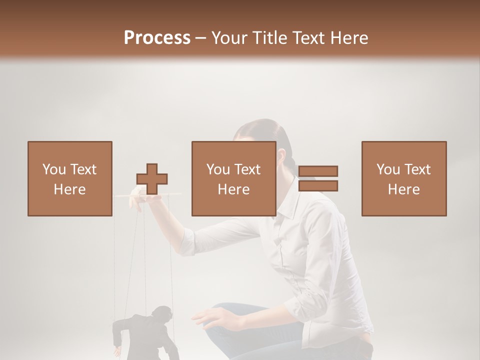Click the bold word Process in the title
pyautogui.click(x=157, y=38)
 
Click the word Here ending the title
pyautogui.click(x=348, y=38)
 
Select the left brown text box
pyautogui.click(x=69, y=178)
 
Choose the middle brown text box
pyautogui.click(x=233, y=178)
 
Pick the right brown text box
pyautogui.click(x=403, y=178)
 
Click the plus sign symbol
pyautogui.click(x=152, y=178)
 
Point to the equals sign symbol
pyautogui.click(x=318, y=178)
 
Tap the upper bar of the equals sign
pyautogui.click(x=318, y=171)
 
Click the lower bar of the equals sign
pyautogui.click(x=318, y=186)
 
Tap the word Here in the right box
pyautogui.click(x=403, y=189)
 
